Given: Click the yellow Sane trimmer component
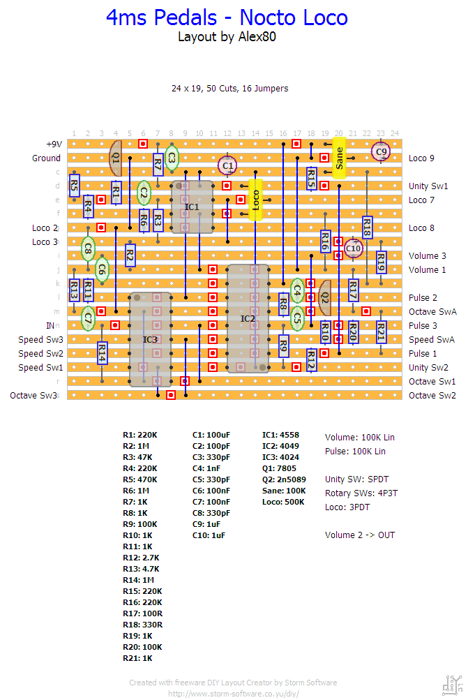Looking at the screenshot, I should [339, 158].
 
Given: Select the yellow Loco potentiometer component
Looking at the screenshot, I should [255, 200].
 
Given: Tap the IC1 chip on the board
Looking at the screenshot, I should [192, 207].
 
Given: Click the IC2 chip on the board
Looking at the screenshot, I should [248, 318].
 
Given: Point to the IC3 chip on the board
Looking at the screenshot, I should [150, 339].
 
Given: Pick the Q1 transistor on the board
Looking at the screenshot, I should [116, 158].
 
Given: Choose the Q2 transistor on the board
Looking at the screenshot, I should [324, 297].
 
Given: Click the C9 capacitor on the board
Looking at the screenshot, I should [380, 151].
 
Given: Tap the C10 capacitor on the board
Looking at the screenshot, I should [354, 248].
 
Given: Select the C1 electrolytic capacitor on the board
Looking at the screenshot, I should [227, 165].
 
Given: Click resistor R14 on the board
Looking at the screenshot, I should [102, 353].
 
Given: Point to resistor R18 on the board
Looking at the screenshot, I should [367, 228].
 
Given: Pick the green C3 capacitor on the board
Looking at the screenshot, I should [172, 158].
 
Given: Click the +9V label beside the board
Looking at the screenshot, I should [54, 144].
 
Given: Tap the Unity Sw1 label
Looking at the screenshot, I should [428, 186].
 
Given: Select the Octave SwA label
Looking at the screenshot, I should [432, 312].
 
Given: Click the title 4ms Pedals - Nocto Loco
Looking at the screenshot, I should [227, 17].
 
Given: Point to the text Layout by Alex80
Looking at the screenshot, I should [227, 37].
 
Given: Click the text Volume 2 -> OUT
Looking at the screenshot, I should [359, 535].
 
